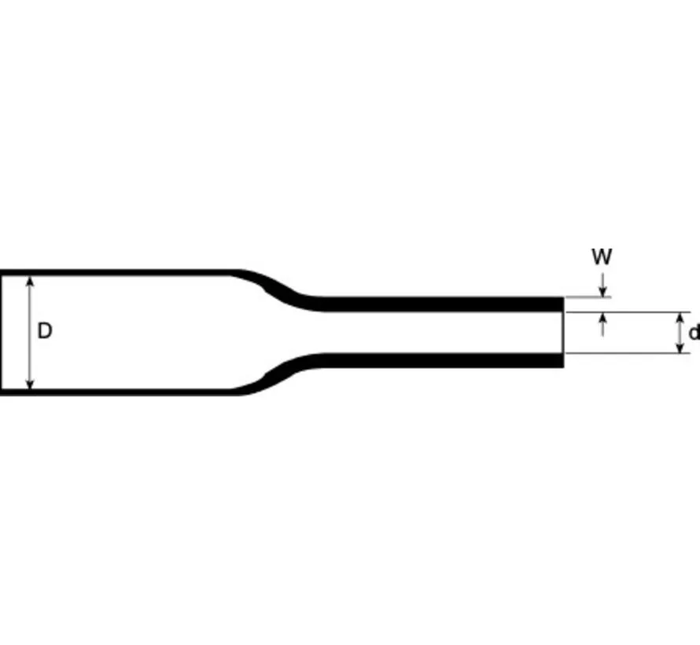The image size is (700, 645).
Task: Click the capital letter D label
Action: click(x=45, y=331)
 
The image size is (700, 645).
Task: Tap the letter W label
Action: click(x=602, y=257)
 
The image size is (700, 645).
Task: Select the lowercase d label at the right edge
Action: click(x=693, y=333)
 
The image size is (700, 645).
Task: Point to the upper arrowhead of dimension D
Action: click(x=31, y=281)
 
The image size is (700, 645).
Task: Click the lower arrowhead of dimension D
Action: click(x=31, y=383)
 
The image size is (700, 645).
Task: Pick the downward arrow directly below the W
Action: click(x=602, y=288)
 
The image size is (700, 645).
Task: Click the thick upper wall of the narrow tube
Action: click(x=440, y=304)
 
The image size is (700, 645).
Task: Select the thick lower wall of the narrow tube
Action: click(x=440, y=360)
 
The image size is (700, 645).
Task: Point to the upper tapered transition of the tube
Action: click(x=279, y=288)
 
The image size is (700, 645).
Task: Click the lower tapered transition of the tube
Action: click(x=279, y=376)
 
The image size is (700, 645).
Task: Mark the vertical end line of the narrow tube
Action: click(x=563, y=332)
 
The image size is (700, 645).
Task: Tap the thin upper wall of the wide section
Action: click(x=118, y=273)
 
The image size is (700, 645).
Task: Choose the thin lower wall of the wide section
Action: click(x=118, y=391)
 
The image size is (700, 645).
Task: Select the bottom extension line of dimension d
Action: click(x=629, y=353)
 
